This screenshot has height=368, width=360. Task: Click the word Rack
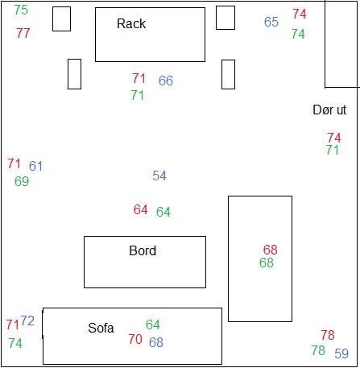[131, 23]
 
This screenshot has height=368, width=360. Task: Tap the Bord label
[143, 250]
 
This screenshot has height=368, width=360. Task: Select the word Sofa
[101, 328]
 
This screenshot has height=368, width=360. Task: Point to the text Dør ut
[329, 110]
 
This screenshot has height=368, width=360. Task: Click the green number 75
[21, 10]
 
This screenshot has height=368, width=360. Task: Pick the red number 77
[23, 33]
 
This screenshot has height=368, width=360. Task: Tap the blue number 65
[271, 22]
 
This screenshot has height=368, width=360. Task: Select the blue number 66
[166, 81]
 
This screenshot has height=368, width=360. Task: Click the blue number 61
[35, 166]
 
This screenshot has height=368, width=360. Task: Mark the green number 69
[22, 181]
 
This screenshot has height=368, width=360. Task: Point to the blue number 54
[159, 176]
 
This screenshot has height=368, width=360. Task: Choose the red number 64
[141, 209]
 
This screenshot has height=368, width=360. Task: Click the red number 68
[270, 250]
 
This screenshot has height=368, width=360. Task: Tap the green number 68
[267, 263]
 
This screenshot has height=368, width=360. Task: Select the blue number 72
[27, 320]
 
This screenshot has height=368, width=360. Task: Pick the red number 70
[135, 339]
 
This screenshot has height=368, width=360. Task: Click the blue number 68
[156, 342]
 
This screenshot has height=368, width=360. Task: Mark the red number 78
[328, 335]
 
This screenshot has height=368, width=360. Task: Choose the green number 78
[318, 350]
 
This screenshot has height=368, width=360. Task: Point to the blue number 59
[341, 354]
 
